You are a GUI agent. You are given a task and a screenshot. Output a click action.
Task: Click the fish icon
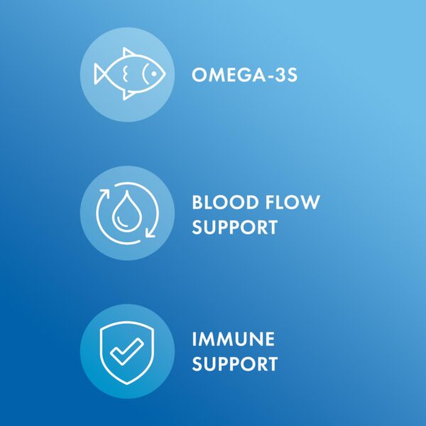(129, 74)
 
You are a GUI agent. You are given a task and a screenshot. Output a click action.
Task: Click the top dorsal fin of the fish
(128, 53)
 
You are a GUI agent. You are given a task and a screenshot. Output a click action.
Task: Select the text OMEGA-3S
(244, 75)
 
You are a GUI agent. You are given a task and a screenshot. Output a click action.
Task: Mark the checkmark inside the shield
(129, 350)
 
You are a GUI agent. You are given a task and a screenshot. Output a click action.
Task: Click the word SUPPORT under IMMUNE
(234, 365)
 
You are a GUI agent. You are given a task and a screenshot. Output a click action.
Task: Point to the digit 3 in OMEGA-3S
(282, 75)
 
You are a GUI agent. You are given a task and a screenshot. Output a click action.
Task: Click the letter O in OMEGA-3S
(199, 75)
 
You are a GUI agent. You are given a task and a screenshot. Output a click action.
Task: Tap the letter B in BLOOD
(198, 203)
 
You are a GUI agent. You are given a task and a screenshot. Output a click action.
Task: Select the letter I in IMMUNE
(195, 339)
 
